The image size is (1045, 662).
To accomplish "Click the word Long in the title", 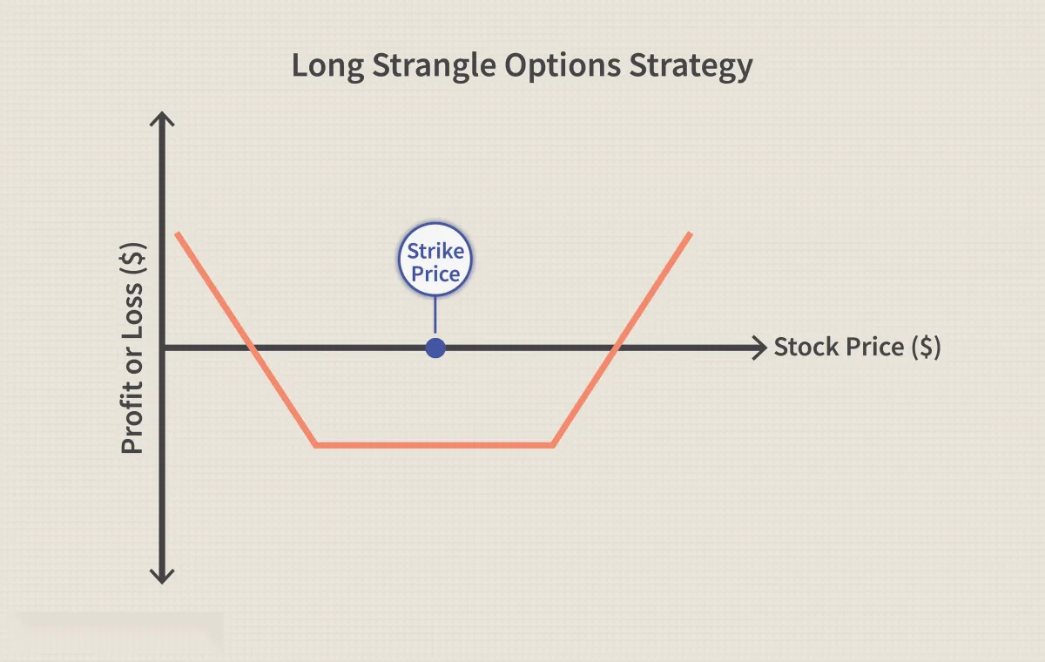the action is tap(328, 66).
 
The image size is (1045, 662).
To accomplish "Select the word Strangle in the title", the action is tap(434, 66).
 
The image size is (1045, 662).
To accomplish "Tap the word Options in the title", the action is tap(563, 66).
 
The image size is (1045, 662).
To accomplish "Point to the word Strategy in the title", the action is tap(691, 66).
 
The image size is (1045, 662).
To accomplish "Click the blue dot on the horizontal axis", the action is tap(435, 348).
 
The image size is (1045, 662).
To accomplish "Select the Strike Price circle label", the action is tap(435, 260).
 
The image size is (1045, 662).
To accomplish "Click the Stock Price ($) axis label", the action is tap(858, 347).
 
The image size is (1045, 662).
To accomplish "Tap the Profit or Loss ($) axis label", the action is tap(132, 348).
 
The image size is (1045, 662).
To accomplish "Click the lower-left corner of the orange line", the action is tap(316, 445).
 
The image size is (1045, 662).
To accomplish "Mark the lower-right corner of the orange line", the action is tap(553, 445).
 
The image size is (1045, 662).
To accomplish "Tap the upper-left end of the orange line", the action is tap(178, 233).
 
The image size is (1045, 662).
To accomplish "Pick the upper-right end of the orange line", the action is tap(691, 233).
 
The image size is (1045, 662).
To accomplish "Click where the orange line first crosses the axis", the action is tap(252, 348).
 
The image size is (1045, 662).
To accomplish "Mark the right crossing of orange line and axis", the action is tap(617, 348).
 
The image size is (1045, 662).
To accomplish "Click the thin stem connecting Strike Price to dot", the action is tap(435, 318).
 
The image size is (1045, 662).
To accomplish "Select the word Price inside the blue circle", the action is tap(435, 274).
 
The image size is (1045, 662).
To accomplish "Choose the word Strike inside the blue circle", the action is tap(435, 251).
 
